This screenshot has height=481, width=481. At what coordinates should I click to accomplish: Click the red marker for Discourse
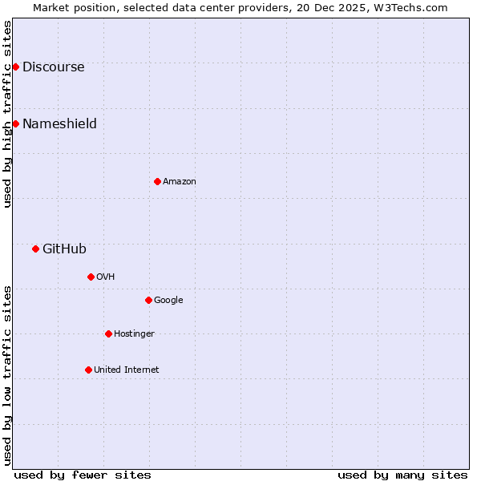[15, 67]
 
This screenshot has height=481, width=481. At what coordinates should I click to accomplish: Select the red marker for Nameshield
[15, 123]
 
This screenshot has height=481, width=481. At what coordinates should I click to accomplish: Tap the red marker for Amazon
[157, 181]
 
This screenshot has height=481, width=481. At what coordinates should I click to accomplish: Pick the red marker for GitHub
[35, 249]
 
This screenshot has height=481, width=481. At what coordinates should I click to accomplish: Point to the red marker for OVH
[91, 277]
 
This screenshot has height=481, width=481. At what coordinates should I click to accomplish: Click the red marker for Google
[148, 300]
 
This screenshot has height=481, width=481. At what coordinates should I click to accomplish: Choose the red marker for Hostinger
[108, 333]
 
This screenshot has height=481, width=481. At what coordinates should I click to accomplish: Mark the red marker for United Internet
[88, 370]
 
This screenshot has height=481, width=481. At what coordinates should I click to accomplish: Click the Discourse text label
[53, 67]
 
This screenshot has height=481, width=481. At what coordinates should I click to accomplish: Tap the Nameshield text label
[59, 124]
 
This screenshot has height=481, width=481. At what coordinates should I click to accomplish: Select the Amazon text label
[180, 182]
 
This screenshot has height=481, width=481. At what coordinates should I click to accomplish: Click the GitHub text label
[64, 249]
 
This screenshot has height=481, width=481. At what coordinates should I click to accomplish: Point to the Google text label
[168, 301]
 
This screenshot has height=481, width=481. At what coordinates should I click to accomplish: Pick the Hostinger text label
[134, 334]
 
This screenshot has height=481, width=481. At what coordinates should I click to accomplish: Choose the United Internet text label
[126, 370]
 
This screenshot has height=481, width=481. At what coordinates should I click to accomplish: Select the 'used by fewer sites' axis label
[83, 475]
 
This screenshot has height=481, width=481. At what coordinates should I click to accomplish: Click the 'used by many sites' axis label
[402, 475]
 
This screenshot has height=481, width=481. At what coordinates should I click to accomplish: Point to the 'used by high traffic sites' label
[7, 114]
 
